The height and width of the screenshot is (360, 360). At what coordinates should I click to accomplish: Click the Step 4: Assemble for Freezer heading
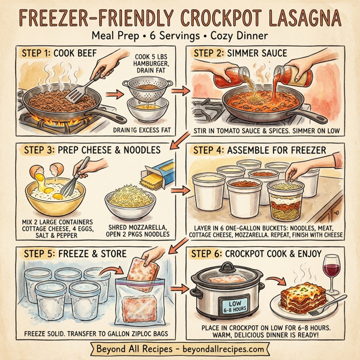coord(259,149)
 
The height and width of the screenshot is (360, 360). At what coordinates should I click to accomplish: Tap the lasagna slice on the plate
coord(302,297)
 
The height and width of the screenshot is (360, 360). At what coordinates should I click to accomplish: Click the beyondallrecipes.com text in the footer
coord(222,349)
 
